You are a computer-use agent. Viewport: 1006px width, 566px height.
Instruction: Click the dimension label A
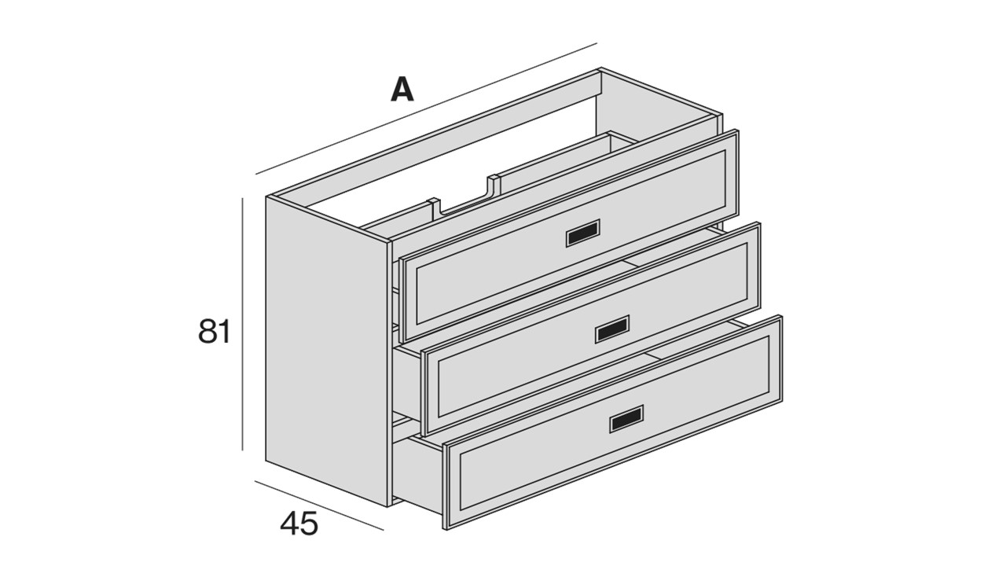[x=402, y=90]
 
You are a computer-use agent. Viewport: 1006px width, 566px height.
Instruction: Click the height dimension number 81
[x=215, y=332]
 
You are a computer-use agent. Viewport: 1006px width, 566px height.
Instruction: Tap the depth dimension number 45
[x=299, y=524]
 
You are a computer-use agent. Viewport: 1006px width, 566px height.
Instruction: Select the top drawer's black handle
[x=582, y=233]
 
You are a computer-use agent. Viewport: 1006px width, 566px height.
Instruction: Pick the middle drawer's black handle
[x=611, y=329]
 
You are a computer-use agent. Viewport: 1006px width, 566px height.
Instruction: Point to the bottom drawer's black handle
[x=626, y=419]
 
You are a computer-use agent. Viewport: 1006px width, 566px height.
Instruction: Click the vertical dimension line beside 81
[x=243, y=324]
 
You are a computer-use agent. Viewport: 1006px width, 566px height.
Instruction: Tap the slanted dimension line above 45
[x=319, y=505]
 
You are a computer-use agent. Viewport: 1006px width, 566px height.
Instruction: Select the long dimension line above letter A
[x=426, y=108]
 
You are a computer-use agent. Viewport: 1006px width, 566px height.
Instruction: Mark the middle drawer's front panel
[x=592, y=329]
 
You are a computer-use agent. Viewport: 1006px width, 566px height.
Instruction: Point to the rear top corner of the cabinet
[x=600, y=68]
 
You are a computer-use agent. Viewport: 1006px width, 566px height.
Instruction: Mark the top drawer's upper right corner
[x=737, y=130]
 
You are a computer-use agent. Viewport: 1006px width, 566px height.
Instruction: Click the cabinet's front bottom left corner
[x=388, y=507]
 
